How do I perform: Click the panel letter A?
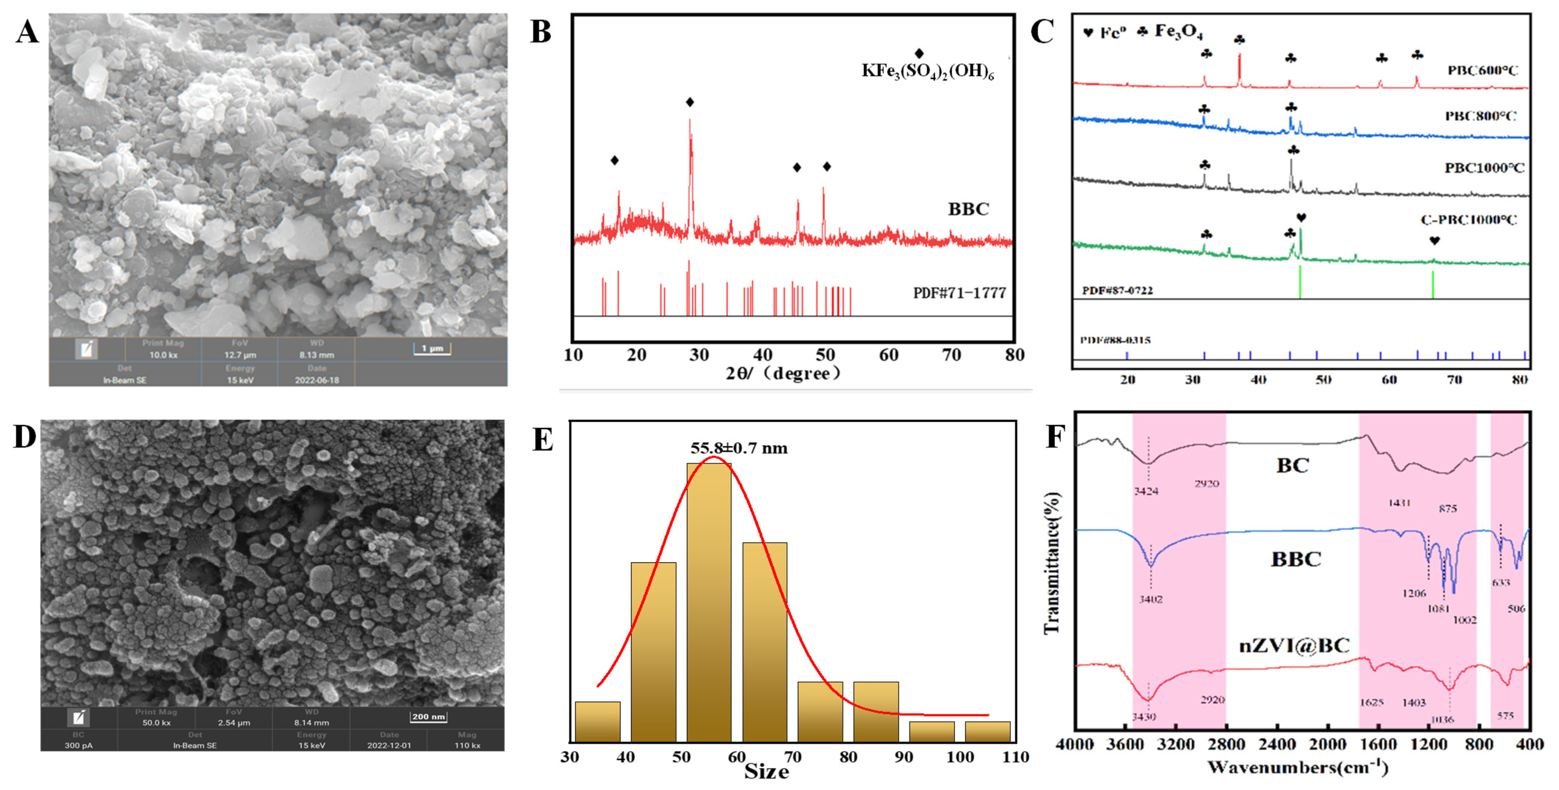pyautogui.click(x=27, y=32)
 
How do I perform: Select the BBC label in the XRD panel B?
pyautogui.click(x=968, y=209)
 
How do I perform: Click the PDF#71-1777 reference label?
pyautogui.click(x=959, y=294)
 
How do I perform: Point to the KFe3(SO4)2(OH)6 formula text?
pyautogui.click(x=928, y=71)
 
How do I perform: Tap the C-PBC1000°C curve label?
pyautogui.click(x=1469, y=220)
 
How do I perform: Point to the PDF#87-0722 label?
pyautogui.click(x=1117, y=291)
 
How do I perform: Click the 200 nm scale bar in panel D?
pyautogui.click(x=429, y=717)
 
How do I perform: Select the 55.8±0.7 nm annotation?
pyautogui.click(x=739, y=449)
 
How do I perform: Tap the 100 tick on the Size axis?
pyautogui.click(x=960, y=757)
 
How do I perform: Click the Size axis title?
pyautogui.click(x=766, y=772)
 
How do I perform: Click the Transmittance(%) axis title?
pyautogui.click(x=1053, y=563)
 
